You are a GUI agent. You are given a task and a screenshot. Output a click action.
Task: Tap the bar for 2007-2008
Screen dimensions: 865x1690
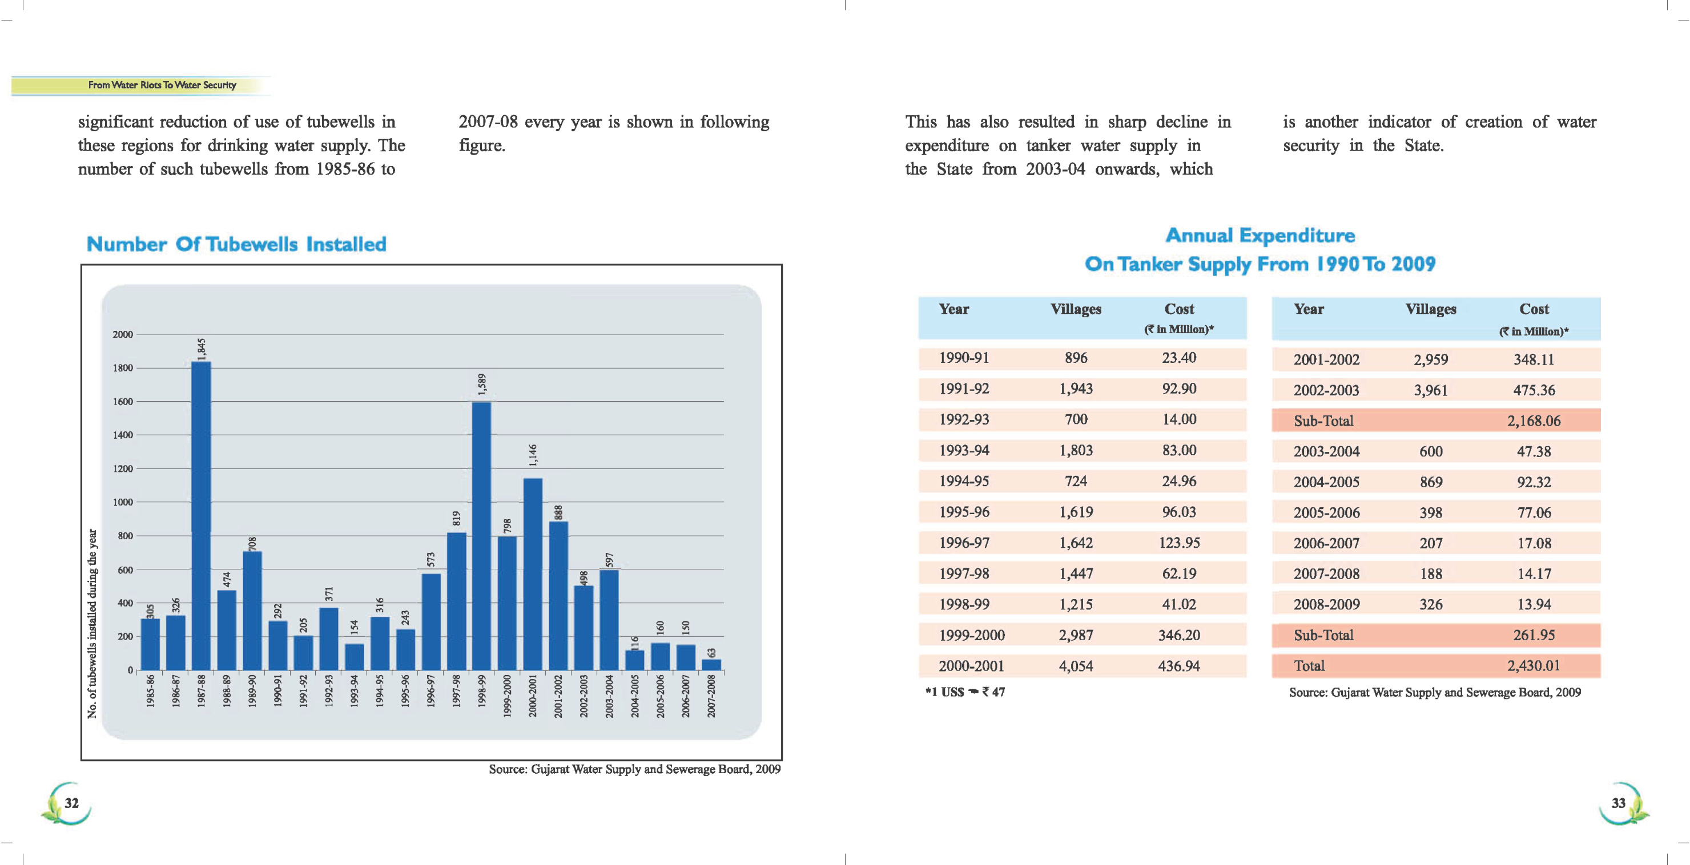click(711, 664)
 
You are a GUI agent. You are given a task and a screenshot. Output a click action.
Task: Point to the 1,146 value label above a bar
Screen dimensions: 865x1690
click(533, 455)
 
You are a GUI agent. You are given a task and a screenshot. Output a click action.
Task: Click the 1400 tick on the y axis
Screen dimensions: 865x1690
click(123, 435)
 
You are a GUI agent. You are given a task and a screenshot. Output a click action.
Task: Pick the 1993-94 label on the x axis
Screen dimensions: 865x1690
click(354, 695)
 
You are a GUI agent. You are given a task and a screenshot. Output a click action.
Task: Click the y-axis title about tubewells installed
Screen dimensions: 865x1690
click(92, 623)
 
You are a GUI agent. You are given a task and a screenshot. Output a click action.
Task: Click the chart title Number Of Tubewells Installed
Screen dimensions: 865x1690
click(236, 245)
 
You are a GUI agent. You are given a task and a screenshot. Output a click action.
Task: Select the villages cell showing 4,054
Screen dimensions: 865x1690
click(1075, 666)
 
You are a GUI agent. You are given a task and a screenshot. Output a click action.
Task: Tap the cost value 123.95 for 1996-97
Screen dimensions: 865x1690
click(1179, 543)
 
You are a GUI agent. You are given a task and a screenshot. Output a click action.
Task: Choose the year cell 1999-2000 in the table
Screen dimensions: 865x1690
click(971, 636)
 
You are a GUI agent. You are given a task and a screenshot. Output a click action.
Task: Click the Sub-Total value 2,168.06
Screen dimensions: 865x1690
click(1533, 421)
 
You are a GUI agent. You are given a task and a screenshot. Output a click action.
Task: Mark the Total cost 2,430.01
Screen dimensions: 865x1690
click(1533, 666)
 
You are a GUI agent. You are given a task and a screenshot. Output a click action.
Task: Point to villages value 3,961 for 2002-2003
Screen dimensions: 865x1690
click(1430, 391)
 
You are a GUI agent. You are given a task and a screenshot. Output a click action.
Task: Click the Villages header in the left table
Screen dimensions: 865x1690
click(1075, 309)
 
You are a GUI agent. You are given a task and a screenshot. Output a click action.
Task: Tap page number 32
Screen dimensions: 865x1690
click(71, 803)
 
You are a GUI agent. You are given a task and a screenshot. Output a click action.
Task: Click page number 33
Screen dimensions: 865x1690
click(1619, 803)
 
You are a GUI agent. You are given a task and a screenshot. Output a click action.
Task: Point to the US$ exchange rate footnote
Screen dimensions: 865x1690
click(965, 693)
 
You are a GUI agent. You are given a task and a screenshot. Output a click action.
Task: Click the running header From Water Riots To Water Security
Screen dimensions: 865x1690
click(162, 85)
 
